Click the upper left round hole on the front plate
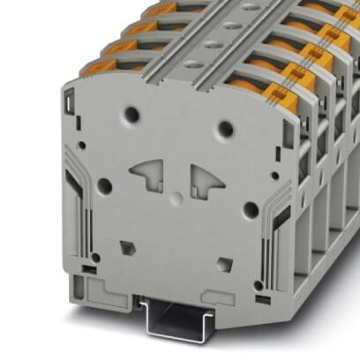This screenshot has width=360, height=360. point(132,113)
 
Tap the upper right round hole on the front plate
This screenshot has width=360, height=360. point(226,129)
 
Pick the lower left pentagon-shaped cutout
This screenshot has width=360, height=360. point(126,246)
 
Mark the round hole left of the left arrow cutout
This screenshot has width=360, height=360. point(104,185)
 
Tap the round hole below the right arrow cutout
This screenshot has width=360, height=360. point(250,210)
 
